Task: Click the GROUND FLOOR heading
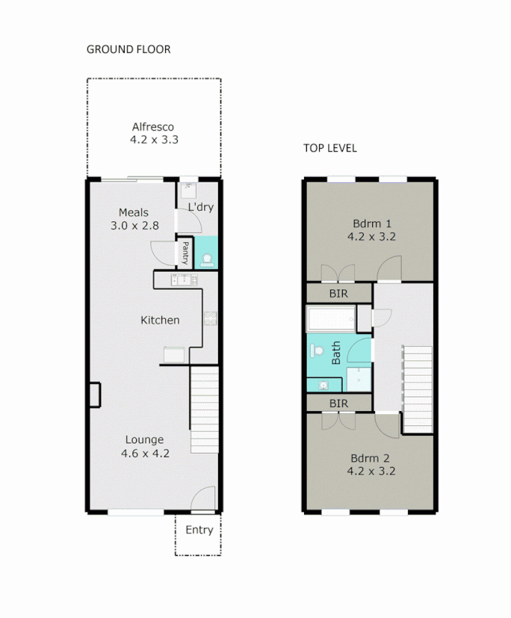(x=128, y=49)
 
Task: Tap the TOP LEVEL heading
(x=329, y=148)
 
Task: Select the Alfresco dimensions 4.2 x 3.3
(x=153, y=139)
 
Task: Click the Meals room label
(x=134, y=212)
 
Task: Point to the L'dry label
(x=200, y=207)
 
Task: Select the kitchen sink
(x=184, y=279)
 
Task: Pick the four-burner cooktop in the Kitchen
(x=211, y=319)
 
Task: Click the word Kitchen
(x=160, y=320)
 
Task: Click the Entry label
(x=199, y=530)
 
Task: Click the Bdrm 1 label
(x=371, y=223)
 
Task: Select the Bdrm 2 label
(x=371, y=458)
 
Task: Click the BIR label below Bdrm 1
(x=338, y=294)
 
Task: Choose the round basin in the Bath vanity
(x=323, y=385)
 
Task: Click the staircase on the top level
(x=418, y=389)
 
